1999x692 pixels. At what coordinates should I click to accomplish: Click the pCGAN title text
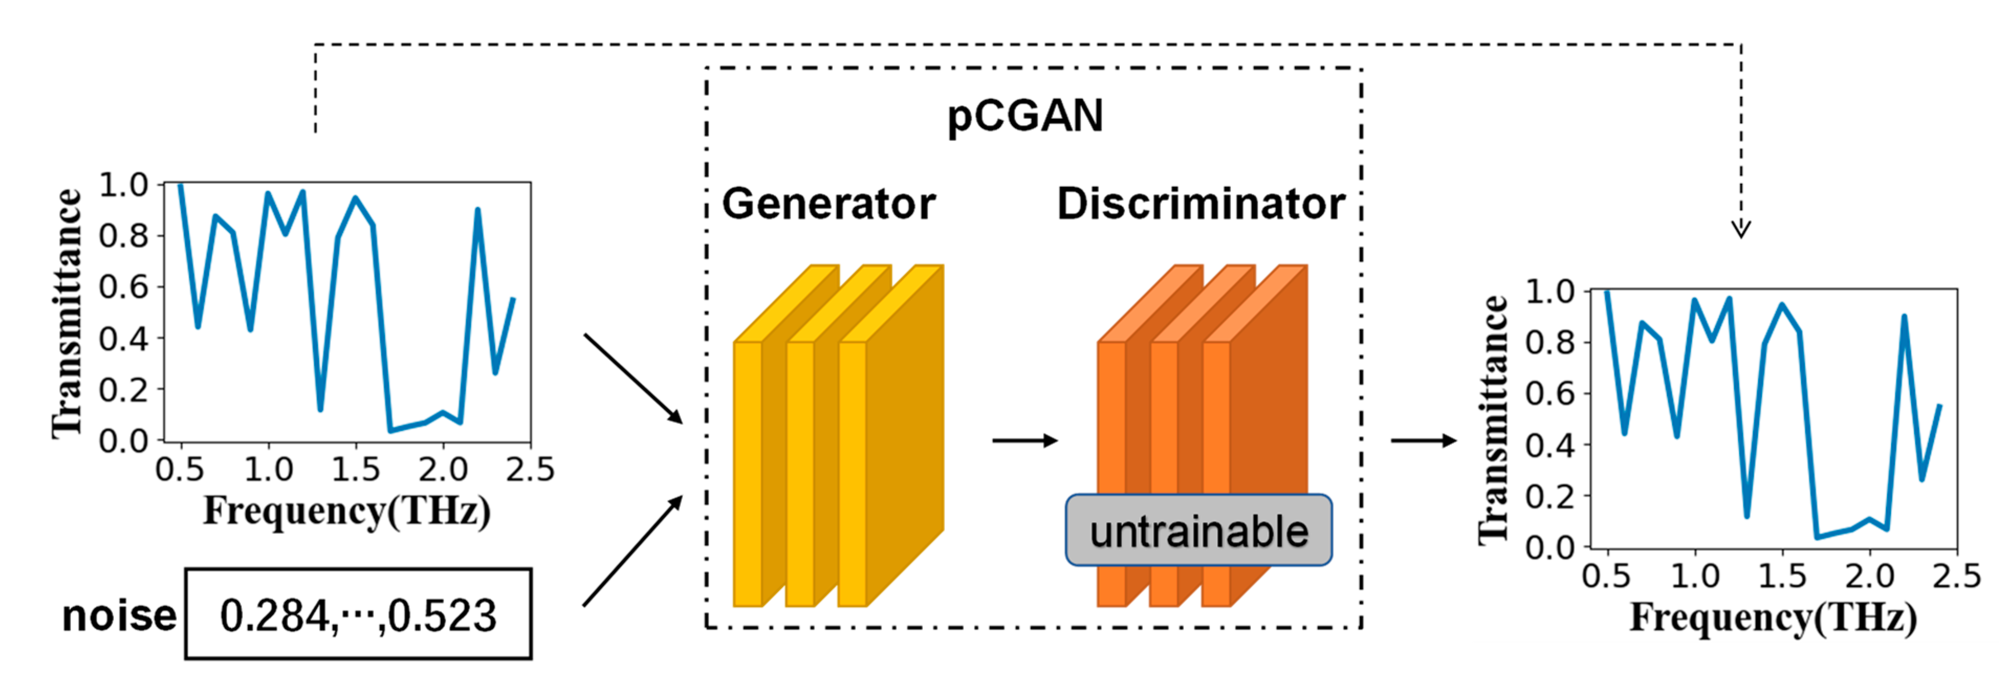pyautogui.click(x=1024, y=116)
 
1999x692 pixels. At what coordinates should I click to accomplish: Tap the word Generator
pyautogui.click(x=828, y=204)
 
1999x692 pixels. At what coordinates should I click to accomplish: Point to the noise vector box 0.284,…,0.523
pyautogui.click(x=358, y=615)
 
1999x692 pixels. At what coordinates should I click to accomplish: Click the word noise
pyautogui.click(x=119, y=616)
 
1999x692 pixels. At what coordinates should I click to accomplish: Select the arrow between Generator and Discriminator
pyautogui.click(x=1024, y=441)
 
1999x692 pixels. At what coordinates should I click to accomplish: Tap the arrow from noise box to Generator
pyautogui.click(x=632, y=552)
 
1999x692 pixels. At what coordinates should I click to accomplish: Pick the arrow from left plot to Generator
pyautogui.click(x=632, y=378)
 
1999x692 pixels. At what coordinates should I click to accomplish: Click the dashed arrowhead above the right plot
pyautogui.click(x=1741, y=228)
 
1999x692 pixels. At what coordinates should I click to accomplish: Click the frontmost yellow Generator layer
pyautogui.click(x=748, y=473)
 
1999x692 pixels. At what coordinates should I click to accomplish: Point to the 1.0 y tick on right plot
pyautogui.click(x=1550, y=292)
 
